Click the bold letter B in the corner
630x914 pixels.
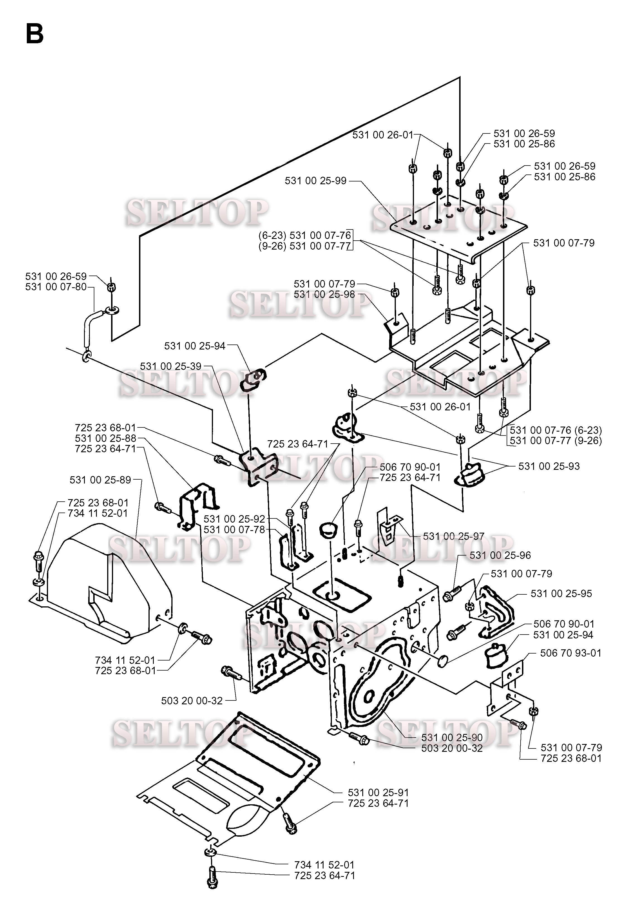click(x=34, y=34)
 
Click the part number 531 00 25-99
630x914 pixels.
click(x=315, y=181)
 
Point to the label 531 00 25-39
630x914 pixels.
click(x=171, y=366)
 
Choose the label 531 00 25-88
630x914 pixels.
click(x=106, y=438)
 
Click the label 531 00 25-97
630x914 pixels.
click(x=454, y=536)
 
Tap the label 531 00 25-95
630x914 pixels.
click(x=561, y=594)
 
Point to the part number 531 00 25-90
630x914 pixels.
click(x=452, y=738)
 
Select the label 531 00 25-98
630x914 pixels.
click(x=324, y=295)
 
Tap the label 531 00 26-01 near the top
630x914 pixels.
click(x=383, y=135)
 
